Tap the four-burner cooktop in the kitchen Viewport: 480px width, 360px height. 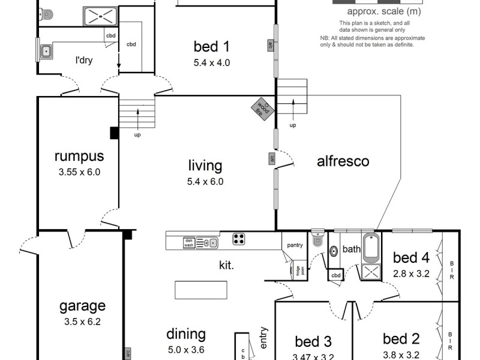[x=239, y=239]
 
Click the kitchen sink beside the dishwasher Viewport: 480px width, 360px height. [x=209, y=242]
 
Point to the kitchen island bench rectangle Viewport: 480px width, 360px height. [x=201, y=290]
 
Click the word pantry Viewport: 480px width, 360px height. [x=295, y=245]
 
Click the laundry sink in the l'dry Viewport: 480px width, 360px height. [x=46, y=51]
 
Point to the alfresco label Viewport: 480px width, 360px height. [x=343, y=161]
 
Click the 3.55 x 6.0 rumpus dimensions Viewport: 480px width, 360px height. [x=79, y=172]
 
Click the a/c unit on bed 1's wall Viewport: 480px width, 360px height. [x=271, y=45]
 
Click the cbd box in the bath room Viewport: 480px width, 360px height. [x=336, y=275]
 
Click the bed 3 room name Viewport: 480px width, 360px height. [x=313, y=341]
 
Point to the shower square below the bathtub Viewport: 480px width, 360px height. [x=371, y=272]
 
